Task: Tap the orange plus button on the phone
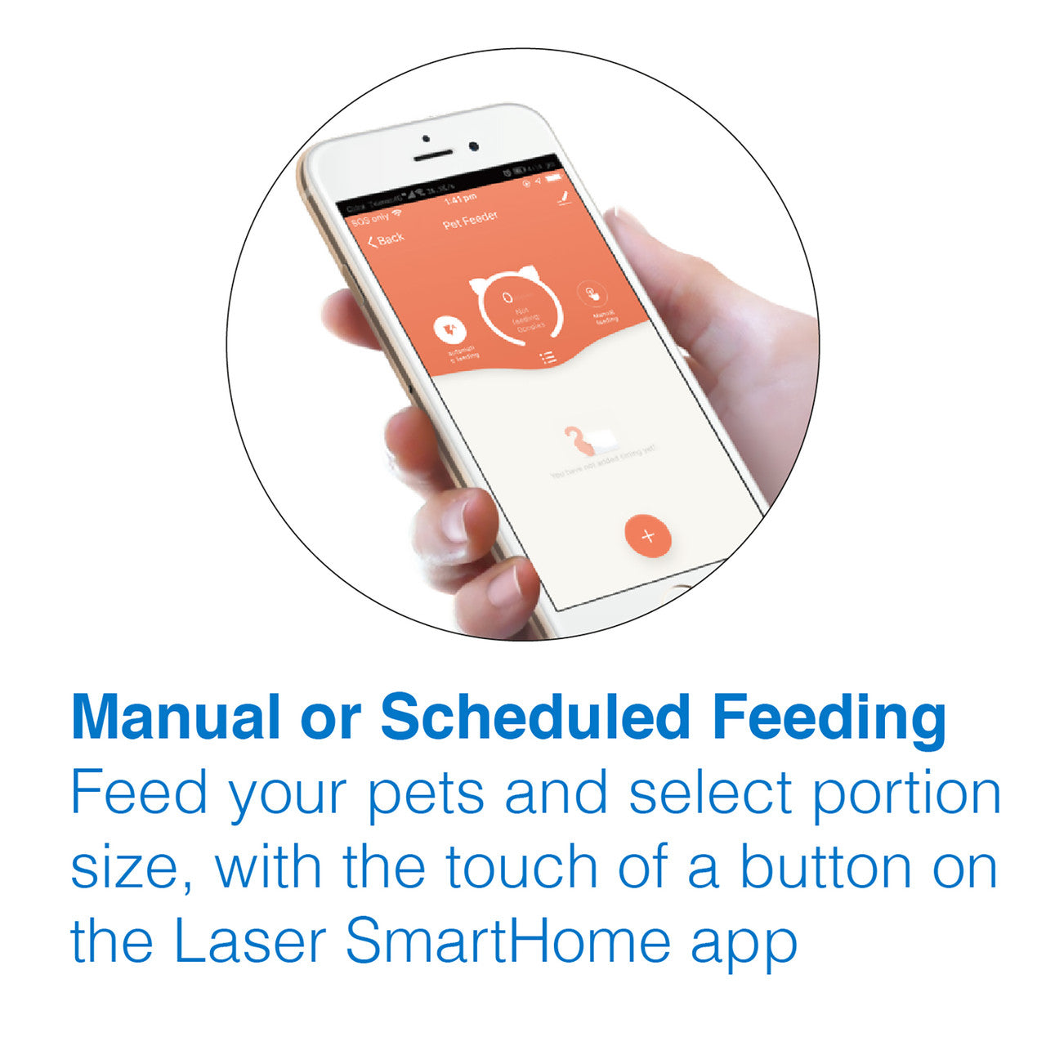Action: coord(648,536)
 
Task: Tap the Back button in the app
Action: coord(386,239)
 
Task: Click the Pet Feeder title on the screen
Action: coord(471,220)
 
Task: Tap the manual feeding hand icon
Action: coord(592,293)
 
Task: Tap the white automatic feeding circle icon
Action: coord(449,329)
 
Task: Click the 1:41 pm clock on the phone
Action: coord(459,199)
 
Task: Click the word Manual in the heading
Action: coord(174,717)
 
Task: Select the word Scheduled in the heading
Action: coord(535,717)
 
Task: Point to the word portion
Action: coord(906,794)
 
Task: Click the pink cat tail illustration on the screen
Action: coord(579,442)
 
